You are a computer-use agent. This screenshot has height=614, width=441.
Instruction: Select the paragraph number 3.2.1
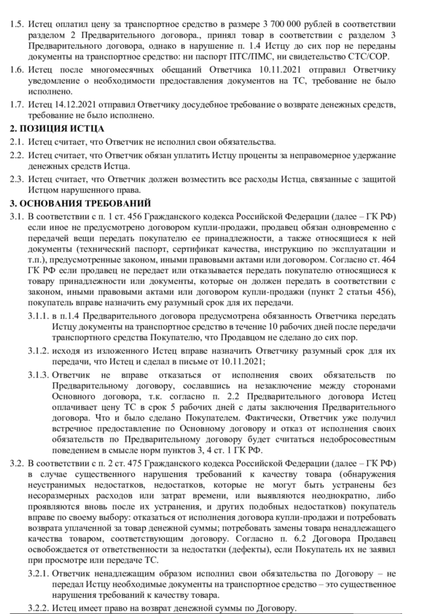tap(40, 575)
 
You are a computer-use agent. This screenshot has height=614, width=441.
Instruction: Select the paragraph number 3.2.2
tap(40, 608)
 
